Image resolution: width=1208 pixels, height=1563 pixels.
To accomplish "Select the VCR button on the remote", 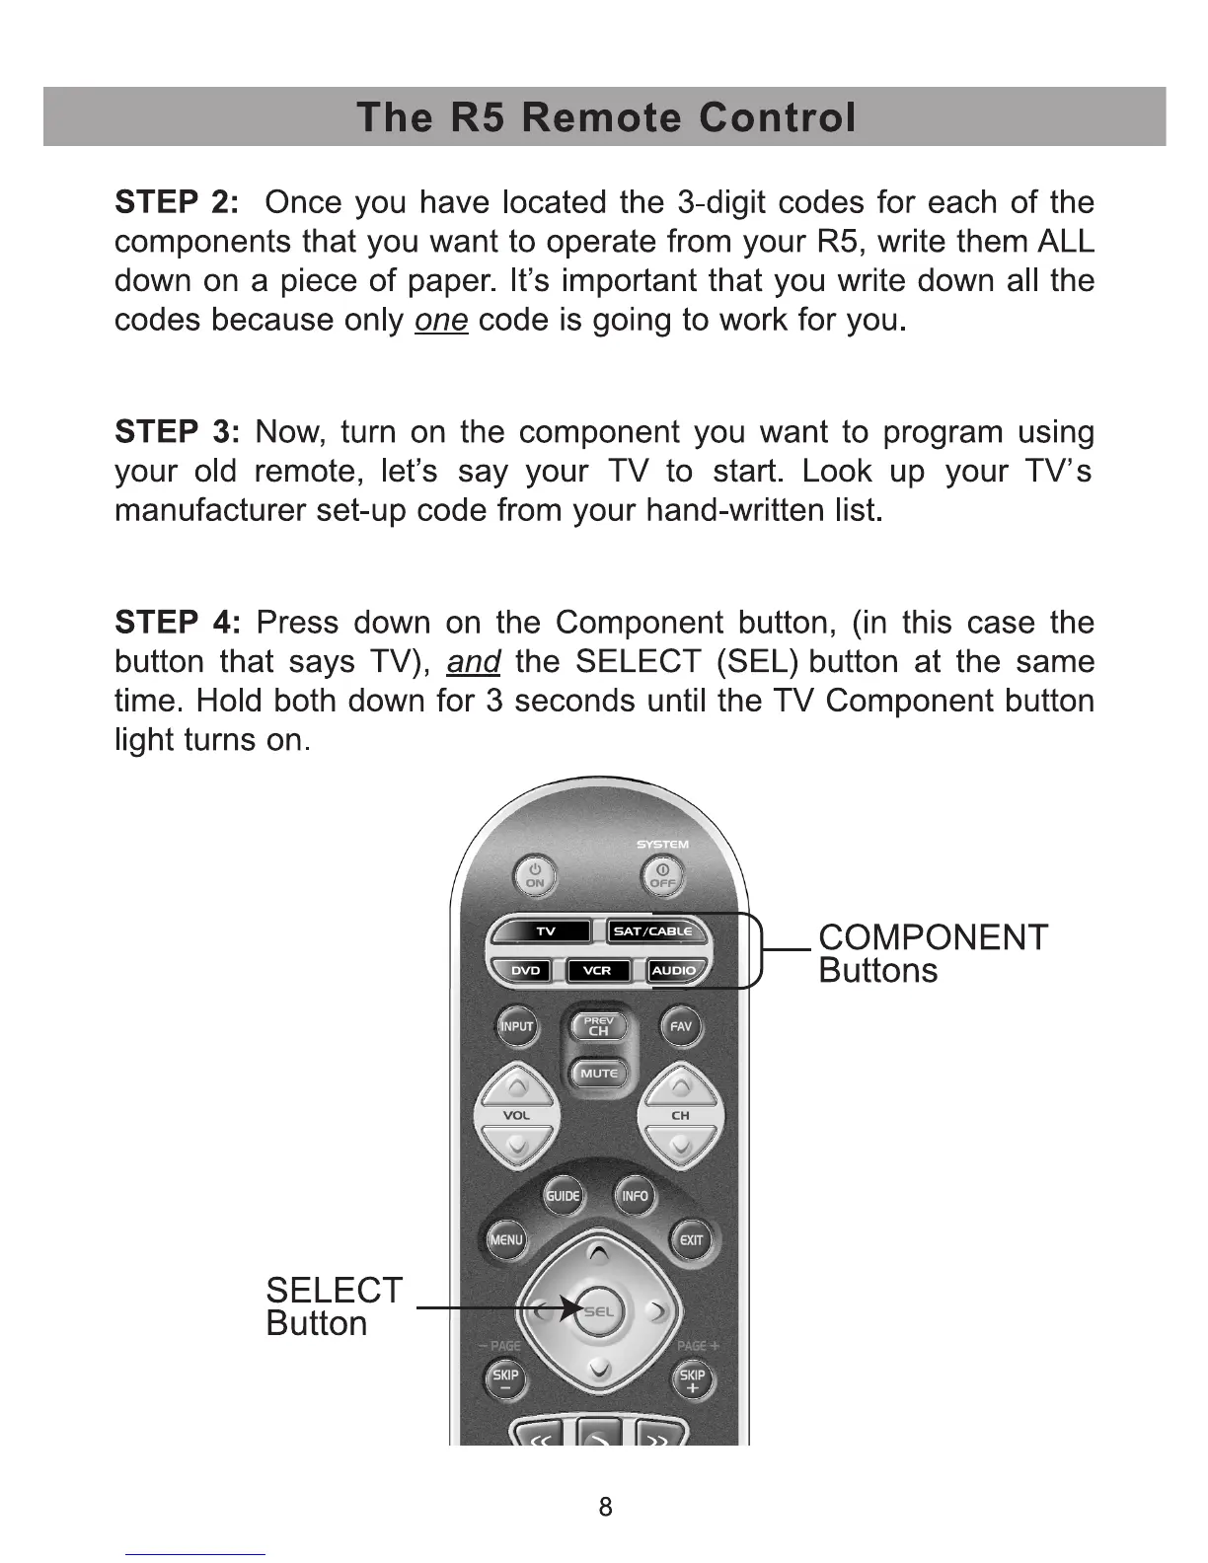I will click(597, 971).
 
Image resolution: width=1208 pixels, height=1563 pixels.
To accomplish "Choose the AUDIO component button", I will click(674, 971).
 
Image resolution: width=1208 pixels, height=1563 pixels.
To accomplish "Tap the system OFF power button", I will click(662, 875).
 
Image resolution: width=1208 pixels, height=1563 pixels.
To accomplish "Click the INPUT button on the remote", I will click(516, 1026).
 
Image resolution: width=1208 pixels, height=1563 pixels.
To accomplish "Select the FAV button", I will click(681, 1026).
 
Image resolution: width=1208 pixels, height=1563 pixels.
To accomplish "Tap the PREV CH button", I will click(599, 1027).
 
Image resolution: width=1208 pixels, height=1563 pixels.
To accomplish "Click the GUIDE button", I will click(563, 1196).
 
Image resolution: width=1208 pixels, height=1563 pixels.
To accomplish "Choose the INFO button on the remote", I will click(635, 1196).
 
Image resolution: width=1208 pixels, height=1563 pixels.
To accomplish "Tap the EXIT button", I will click(692, 1240).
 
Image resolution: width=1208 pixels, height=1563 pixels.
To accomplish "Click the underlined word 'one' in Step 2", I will click(441, 321).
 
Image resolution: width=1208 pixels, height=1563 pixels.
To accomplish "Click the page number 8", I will click(605, 1507).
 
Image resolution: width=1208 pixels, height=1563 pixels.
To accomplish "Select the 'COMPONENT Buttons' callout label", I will click(932, 953).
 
